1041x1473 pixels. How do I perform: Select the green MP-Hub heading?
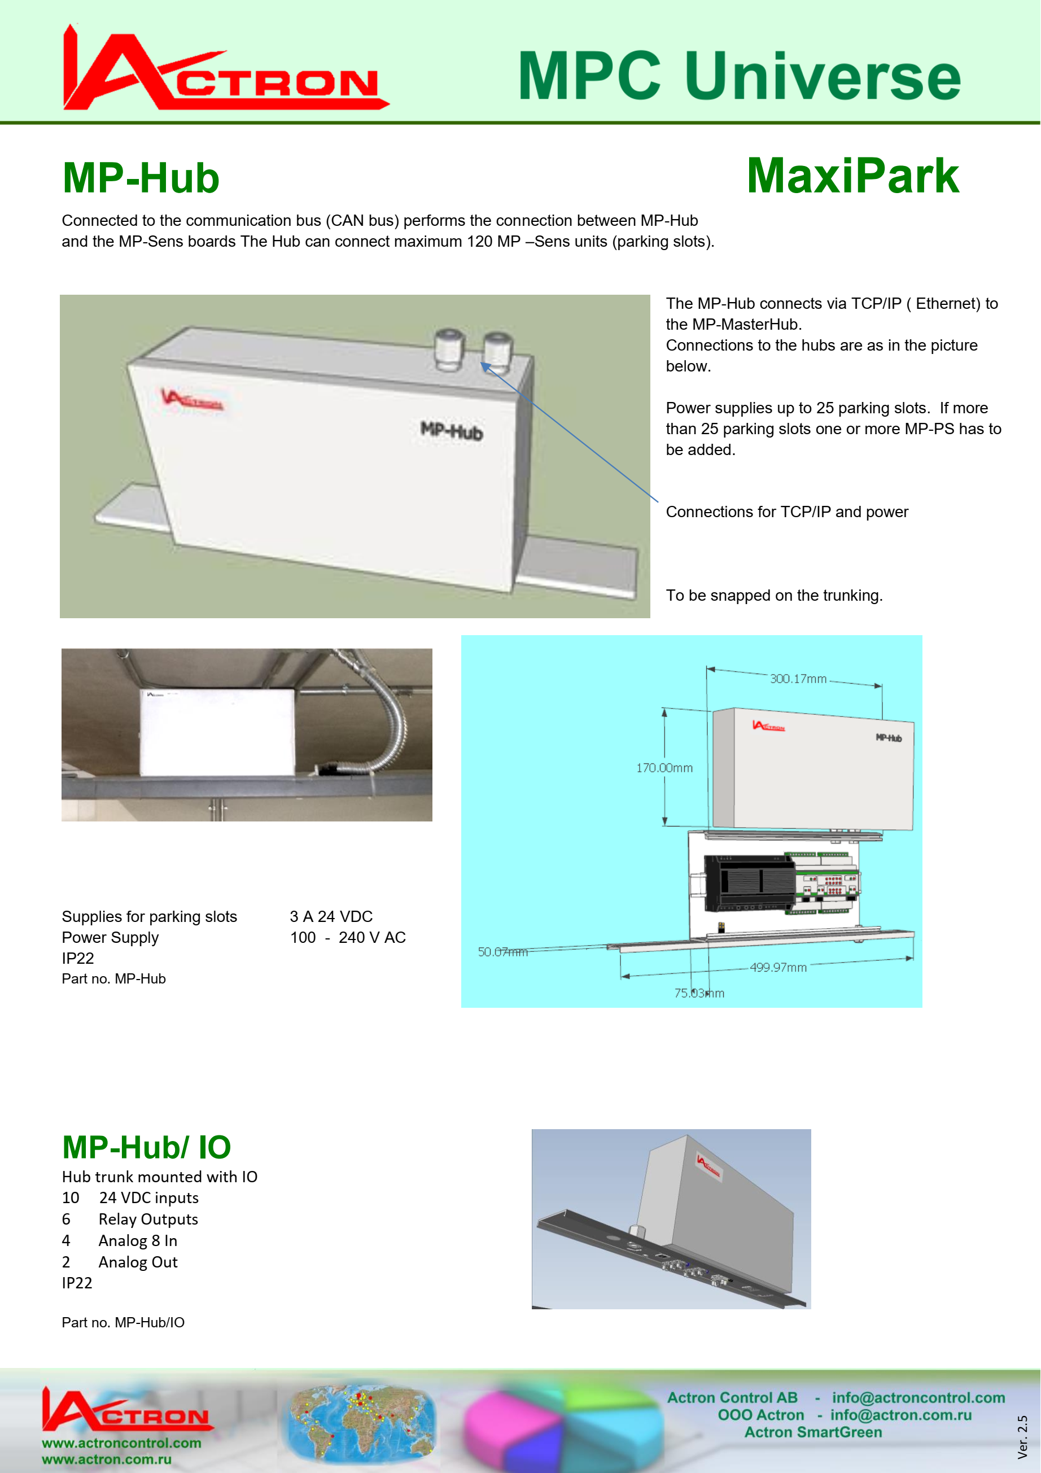141,178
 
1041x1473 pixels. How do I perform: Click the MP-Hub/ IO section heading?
146,1147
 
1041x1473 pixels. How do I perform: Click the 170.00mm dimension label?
664,768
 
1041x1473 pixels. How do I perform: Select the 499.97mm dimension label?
778,968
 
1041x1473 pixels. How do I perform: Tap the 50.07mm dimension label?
502,952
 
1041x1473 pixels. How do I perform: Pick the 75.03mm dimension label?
699,993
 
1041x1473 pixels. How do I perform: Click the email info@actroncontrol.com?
918,1398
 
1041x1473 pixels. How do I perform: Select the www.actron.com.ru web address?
107,1459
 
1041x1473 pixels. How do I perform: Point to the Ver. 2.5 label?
1022,1437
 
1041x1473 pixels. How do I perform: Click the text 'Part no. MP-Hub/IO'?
123,1322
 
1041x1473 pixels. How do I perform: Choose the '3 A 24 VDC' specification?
331,917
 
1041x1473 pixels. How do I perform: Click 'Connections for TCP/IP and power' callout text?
787,512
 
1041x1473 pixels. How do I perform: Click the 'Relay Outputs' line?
148,1220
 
